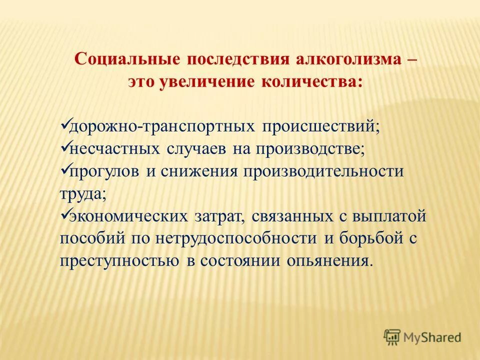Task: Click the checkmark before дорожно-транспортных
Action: point(64,124)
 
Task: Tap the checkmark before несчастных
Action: point(64,147)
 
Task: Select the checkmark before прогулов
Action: point(64,170)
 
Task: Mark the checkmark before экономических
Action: point(64,215)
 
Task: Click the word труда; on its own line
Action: point(83,194)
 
